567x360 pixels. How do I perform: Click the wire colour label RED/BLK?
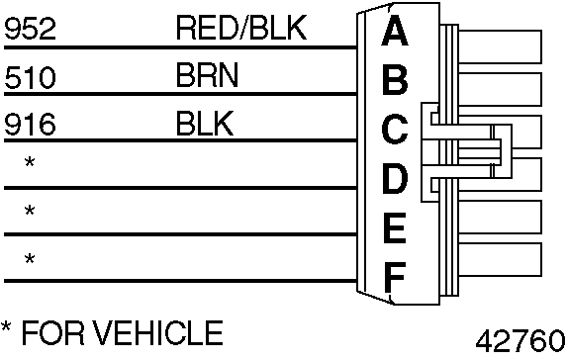241,29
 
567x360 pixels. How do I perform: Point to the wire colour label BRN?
206,77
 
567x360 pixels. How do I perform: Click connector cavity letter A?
395,32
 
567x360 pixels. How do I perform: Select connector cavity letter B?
395,79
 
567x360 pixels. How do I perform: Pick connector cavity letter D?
395,180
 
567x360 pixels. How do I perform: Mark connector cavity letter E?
395,229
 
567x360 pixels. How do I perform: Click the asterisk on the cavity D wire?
30,162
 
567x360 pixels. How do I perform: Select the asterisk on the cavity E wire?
30,212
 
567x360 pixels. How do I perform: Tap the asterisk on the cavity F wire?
30,260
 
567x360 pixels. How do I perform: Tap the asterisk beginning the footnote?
8,328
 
